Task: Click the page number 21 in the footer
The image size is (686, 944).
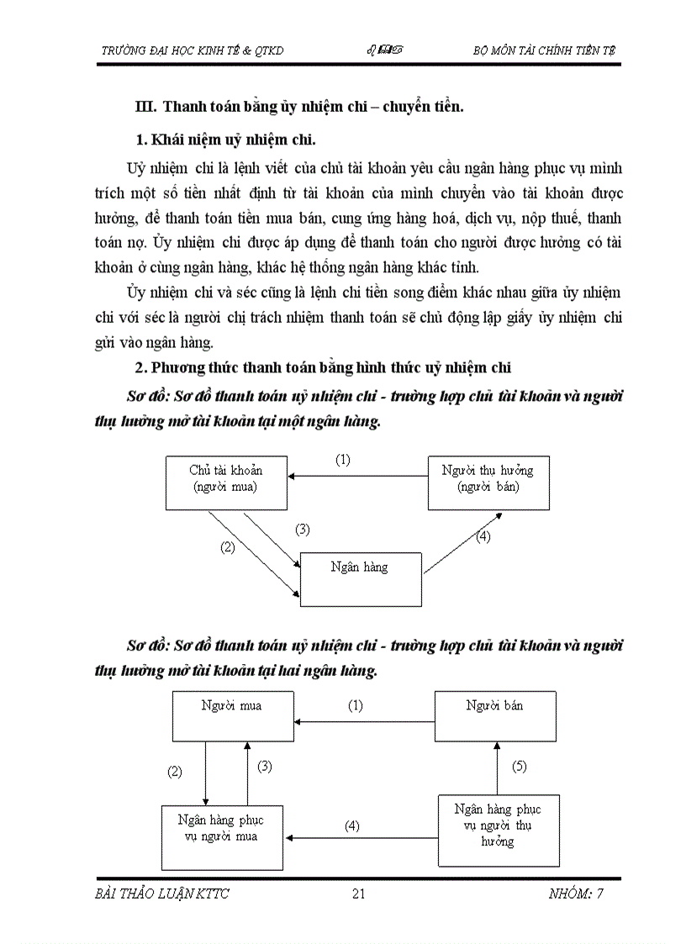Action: click(x=358, y=894)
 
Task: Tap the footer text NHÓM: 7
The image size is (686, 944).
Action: click(x=572, y=894)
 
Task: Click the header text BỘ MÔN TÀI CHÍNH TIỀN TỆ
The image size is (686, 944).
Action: click(x=544, y=50)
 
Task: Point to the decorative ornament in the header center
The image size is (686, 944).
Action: click(x=383, y=50)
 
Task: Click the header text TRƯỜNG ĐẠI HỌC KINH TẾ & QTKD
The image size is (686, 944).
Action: click(x=193, y=50)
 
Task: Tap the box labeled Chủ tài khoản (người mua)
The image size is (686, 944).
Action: click(x=226, y=483)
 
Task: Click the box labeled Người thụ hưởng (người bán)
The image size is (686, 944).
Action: click(x=488, y=483)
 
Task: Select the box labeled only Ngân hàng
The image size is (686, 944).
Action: click(x=361, y=579)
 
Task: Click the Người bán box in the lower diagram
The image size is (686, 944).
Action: click(x=495, y=715)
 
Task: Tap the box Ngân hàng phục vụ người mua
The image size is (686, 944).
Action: click(x=223, y=837)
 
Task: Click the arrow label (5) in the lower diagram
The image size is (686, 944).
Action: click(x=520, y=767)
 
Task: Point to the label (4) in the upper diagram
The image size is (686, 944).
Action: click(x=483, y=537)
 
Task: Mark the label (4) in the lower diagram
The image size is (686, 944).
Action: click(x=352, y=825)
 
